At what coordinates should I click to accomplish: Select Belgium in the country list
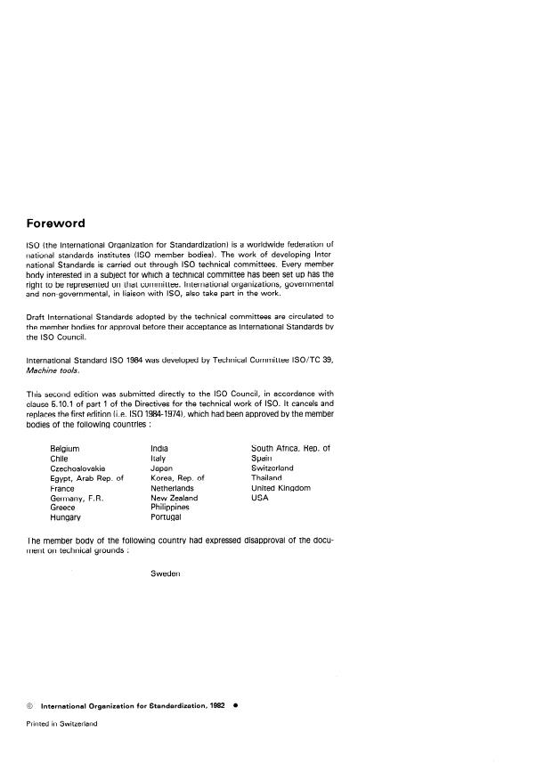coord(65,448)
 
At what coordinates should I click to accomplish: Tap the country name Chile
coord(60,458)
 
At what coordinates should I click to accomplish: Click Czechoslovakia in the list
coord(78,468)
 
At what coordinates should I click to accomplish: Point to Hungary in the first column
coord(66,517)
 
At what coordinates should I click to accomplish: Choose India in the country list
coord(160,448)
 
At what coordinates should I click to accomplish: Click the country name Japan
coord(161,468)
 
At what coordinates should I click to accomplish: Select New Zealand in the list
coord(175,498)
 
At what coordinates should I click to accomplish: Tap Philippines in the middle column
coord(170,508)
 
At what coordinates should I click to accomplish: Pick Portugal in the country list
coord(166,517)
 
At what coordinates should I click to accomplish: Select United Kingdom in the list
coord(281,488)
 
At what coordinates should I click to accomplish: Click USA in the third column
coord(260,498)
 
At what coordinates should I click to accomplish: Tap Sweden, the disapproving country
coord(167,574)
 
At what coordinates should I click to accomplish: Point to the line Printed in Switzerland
coord(61,724)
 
